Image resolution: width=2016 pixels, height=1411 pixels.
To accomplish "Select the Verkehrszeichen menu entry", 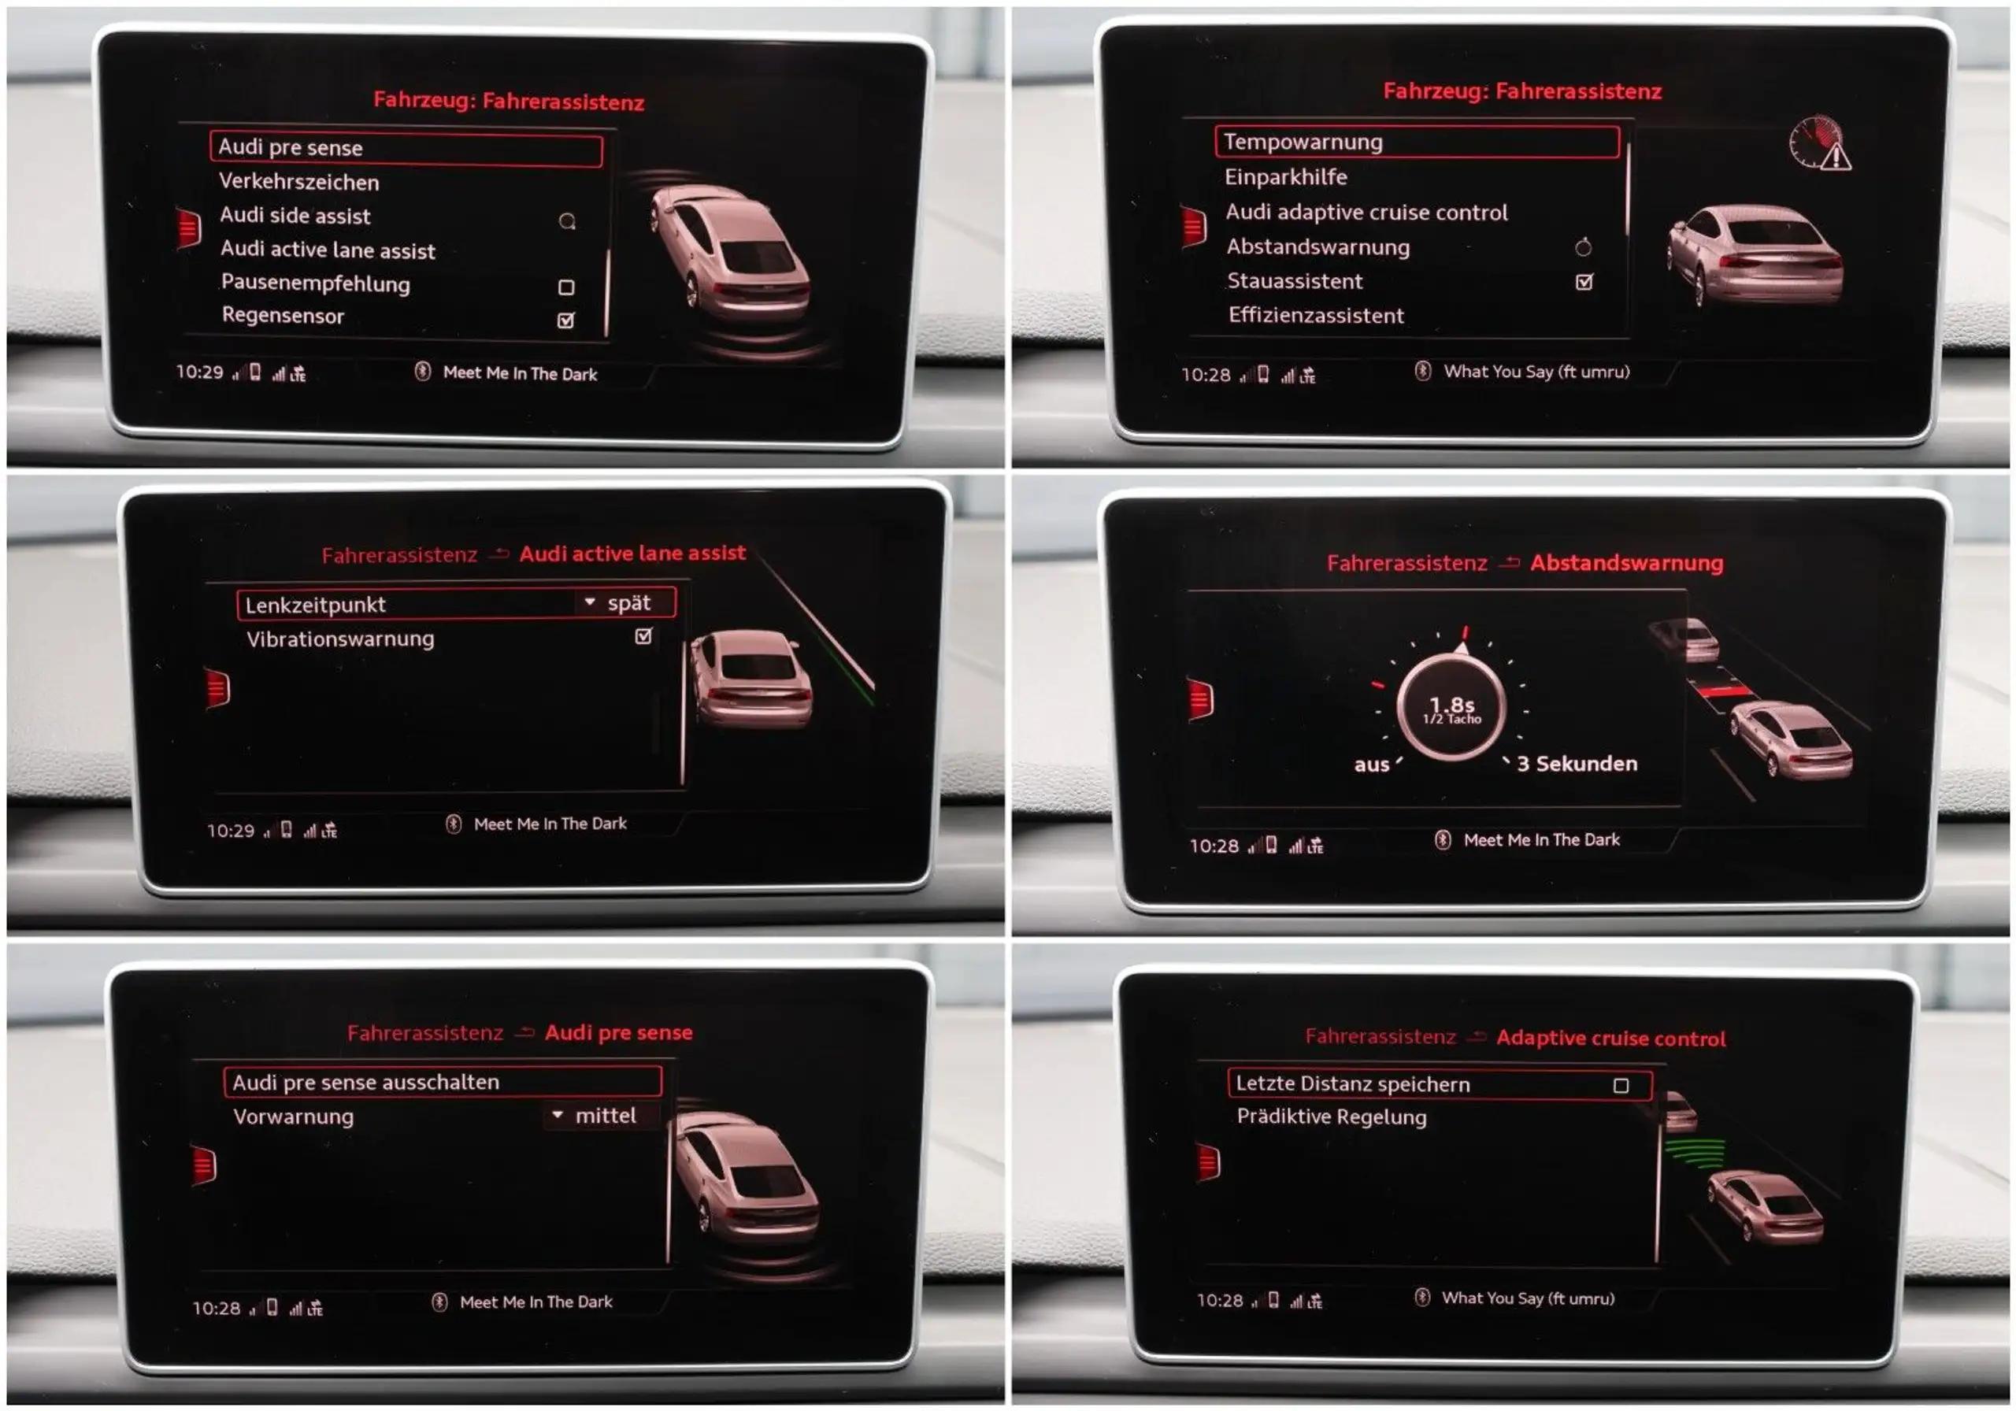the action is click(298, 182).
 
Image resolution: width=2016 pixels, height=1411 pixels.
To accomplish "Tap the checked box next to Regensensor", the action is click(566, 320).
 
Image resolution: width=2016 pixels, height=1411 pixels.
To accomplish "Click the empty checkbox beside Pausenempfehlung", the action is click(566, 287).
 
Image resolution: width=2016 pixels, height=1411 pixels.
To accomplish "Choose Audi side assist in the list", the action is click(295, 215).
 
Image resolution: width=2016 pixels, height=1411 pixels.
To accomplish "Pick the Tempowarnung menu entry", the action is click(1303, 142).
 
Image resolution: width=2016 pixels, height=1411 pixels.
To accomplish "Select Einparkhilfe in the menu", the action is click(1285, 176).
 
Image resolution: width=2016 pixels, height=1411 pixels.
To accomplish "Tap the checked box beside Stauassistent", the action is click(1584, 282).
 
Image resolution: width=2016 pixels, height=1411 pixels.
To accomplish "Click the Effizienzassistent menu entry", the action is click(1315, 315).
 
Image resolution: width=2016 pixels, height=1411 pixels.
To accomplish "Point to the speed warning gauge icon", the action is click(1819, 143).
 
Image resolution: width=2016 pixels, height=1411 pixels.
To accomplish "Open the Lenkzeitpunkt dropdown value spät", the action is click(628, 603).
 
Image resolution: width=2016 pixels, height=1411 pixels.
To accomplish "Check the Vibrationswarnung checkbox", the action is click(643, 635).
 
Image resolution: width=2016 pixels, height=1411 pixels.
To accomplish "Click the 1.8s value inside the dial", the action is click(1451, 704).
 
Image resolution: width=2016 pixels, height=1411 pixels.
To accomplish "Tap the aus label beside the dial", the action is click(1372, 765).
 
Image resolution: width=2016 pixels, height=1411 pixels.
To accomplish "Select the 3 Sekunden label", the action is click(1577, 764).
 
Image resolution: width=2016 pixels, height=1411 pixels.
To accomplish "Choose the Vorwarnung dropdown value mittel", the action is click(605, 1116).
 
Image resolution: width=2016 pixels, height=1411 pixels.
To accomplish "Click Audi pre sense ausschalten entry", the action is click(365, 1083).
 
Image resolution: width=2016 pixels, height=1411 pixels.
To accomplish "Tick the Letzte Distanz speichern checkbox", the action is click(1621, 1085).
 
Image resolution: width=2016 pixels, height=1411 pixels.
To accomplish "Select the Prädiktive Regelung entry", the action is click(1331, 1117).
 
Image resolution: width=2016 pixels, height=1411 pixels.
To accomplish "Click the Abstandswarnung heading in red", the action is click(1626, 563).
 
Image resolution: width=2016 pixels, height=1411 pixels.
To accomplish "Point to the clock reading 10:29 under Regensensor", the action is click(199, 372).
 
